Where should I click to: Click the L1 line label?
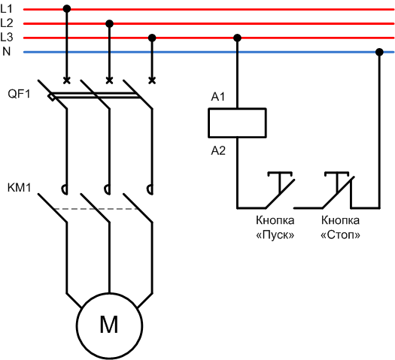coord(6,9)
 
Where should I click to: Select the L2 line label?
coord(7,23)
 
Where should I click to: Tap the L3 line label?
coord(7,38)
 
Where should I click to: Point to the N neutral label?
coord(7,52)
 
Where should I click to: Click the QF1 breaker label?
coord(19,94)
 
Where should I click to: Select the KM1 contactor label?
coord(19,188)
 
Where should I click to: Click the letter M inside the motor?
coord(109,325)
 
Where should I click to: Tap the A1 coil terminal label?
coord(218,97)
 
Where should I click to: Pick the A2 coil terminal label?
coord(218,151)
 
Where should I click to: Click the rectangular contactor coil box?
coord(237,109)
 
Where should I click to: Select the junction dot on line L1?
coord(67,9)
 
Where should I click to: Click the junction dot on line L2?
coord(109,23)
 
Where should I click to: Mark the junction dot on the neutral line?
coord(379,52)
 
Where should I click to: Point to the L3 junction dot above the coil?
coord(237,38)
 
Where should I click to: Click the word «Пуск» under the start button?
coord(275,235)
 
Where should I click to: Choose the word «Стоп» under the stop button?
coord(340,235)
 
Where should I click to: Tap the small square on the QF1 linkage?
coord(52,98)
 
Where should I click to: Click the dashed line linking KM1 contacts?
coord(97,209)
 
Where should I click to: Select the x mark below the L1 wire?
coord(67,80)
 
